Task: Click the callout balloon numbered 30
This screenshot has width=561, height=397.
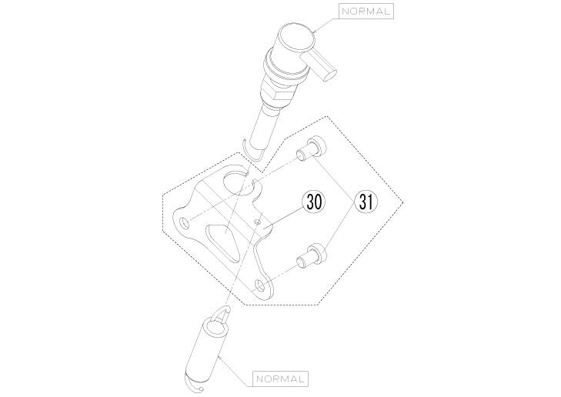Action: pos(314,202)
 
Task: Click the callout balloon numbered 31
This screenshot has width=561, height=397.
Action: pos(366,202)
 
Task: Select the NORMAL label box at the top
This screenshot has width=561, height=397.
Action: pos(366,11)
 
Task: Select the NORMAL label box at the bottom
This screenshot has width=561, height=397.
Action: pos(280,379)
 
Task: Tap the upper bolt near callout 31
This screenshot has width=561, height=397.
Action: pos(311,148)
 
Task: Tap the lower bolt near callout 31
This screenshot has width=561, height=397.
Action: pos(311,256)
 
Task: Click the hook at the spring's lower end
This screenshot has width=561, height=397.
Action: pos(194,385)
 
